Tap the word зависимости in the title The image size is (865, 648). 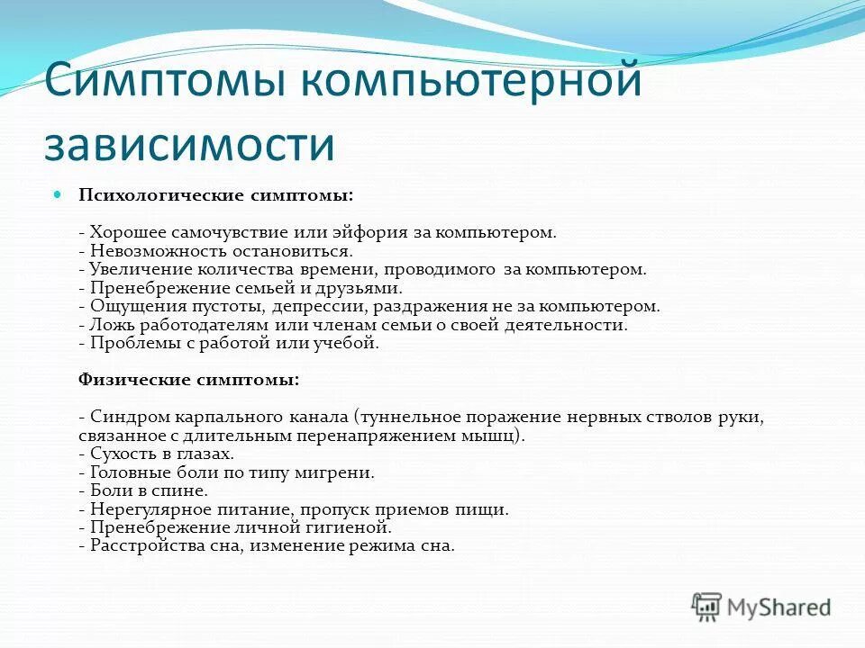189,145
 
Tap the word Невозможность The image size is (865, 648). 145,251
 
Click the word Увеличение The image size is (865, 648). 130,269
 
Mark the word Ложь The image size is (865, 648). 106,325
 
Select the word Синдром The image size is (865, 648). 121,418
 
